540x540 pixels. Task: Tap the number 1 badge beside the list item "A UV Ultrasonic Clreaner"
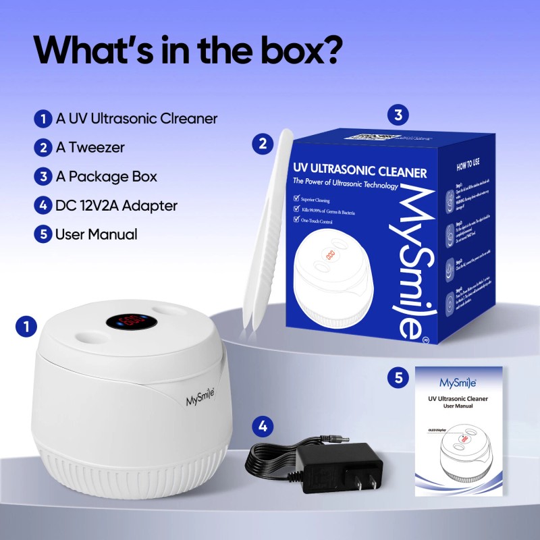[x=43, y=119]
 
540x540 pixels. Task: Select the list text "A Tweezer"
[x=90, y=148]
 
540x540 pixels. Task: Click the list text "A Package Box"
[x=107, y=177]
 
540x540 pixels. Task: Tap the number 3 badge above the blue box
[x=398, y=115]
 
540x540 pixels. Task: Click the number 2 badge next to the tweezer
[x=262, y=143]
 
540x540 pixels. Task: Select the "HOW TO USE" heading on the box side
[x=469, y=165]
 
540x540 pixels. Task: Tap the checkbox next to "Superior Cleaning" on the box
[x=297, y=200]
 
